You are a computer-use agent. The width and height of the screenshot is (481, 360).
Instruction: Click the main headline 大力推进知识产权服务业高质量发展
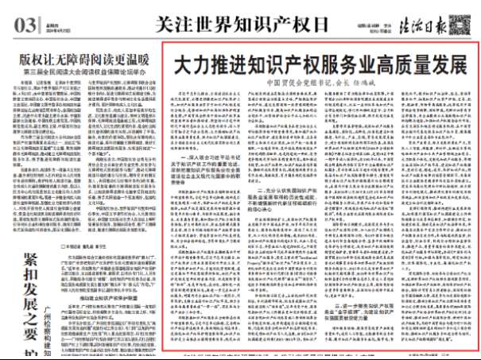(x=319, y=64)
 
